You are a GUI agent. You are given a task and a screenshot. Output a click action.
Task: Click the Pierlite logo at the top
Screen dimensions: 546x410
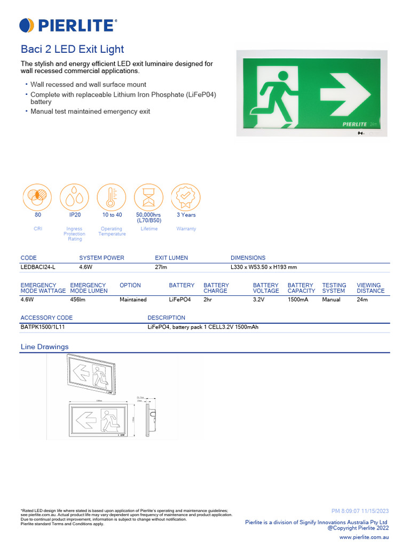68,25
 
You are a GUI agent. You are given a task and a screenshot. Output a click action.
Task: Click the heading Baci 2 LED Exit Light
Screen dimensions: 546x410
72,50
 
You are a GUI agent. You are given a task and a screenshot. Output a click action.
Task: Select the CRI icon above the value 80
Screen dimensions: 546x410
37,197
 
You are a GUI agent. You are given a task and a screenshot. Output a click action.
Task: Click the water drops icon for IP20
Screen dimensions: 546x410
75,197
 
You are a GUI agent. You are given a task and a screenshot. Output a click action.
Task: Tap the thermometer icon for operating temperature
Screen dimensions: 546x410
112,197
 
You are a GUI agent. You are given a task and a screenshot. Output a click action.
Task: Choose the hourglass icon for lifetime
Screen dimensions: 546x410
148,197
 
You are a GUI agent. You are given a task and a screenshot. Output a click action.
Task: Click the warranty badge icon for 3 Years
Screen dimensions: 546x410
186,197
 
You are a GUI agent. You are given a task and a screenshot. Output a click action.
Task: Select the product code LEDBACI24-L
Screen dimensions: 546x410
38,267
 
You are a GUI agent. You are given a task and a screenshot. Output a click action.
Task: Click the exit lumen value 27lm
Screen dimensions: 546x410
162,267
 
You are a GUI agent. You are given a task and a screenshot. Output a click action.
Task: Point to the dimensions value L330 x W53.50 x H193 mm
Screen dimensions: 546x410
264,267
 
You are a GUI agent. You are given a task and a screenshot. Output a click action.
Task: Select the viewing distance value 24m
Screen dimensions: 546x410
362,300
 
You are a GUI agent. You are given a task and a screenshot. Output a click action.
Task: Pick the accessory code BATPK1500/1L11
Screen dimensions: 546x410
43,327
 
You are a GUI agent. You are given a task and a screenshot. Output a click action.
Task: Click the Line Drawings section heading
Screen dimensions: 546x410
44,347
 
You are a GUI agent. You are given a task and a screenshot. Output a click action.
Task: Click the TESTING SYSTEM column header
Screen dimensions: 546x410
334,288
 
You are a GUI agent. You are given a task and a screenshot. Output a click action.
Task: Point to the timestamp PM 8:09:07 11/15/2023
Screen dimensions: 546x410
360,511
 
